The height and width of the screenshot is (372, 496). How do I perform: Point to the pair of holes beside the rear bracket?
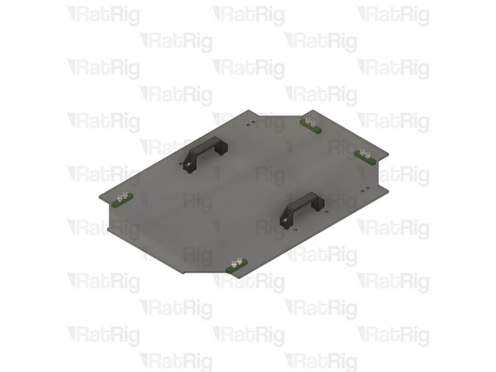pyautogui.click(x=252, y=122)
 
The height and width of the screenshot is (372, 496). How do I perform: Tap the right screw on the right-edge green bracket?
pyautogui.click(x=369, y=152)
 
